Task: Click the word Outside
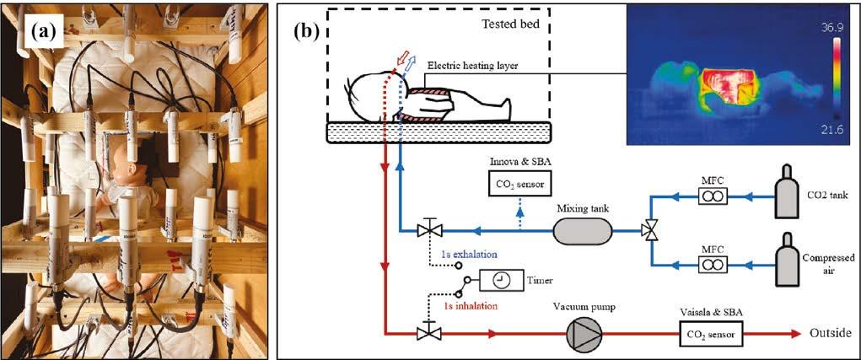[825, 335]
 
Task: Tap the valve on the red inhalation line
[427, 334]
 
